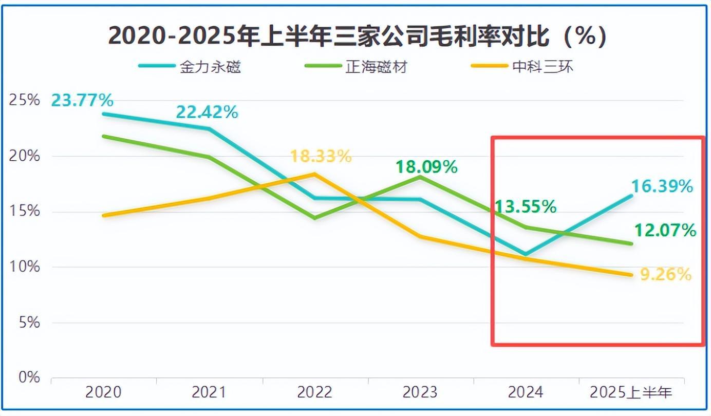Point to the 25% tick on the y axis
pyautogui.click(x=25, y=100)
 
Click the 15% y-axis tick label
pyautogui.click(x=25, y=212)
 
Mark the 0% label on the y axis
pyautogui.click(x=29, y=378)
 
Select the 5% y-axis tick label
pyautogui.click(x=29, y=323)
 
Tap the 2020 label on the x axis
pyautogui.click(x=103, y=393)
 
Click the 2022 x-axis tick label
pyautogui.click(x=314, y=393)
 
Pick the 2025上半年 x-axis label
pyautogui.click(x=631, y=393)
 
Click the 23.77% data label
pyautogui.click(x=82, y=100)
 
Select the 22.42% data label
pyautogui.click(x=207, y=112)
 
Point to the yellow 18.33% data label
pyautogui.click(x=321, y=156)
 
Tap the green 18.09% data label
pyautogui.click(x=426, y=167)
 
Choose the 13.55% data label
pyautogui.click(x=525, y=206)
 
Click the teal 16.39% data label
pyautogui.click(x=662, y=186)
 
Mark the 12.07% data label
pyautogui.click(x=665, y=230)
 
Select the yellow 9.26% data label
pyautogui.click(x=665, y=275)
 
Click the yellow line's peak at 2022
pyautogui.click(x=314, y=174)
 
